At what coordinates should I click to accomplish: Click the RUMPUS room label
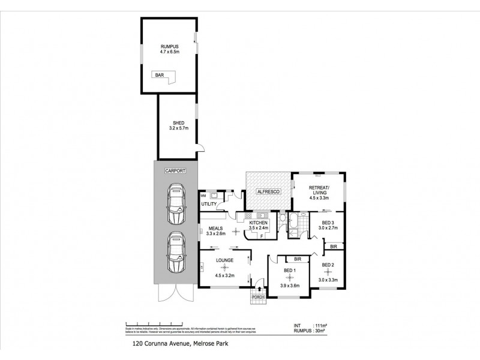169,47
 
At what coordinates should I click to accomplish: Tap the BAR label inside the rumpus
160,75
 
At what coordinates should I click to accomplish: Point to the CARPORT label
176,171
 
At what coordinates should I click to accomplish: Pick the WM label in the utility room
203,195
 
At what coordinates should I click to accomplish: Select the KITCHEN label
259,223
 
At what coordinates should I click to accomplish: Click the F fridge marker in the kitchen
262,236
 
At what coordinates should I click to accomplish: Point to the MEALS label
217,229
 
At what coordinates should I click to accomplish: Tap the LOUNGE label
225,261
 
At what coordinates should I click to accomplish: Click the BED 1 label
289,271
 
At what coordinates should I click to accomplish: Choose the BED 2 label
328,265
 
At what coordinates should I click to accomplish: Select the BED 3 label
327,222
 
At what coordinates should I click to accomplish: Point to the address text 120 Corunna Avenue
158,345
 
